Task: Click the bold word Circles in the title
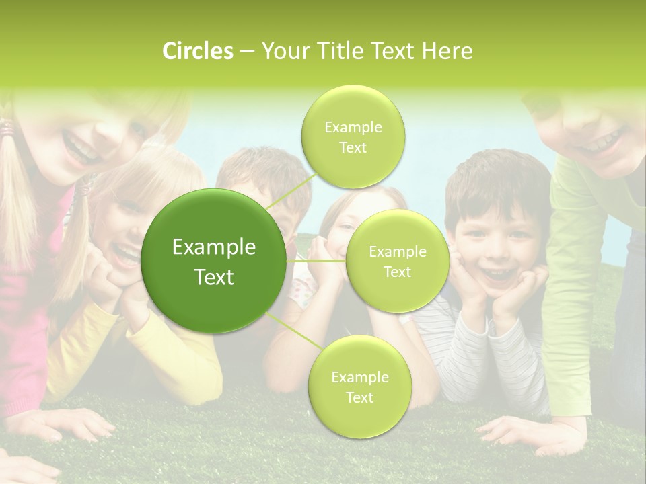tap(198, 51)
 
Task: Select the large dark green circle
tap(214, 261)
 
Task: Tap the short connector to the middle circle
tap(316, 261)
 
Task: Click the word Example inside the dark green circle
tap(214, 247)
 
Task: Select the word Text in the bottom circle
tap(359, 397)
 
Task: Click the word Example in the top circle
tap(353, 127)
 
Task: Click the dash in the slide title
tap(247, 51)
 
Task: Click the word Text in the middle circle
tap(397, 272)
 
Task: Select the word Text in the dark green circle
tap(214, 277)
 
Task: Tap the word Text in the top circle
tap(353, 147)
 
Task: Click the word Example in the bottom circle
tap(359, 377)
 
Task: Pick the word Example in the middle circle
tap(397, 252)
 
